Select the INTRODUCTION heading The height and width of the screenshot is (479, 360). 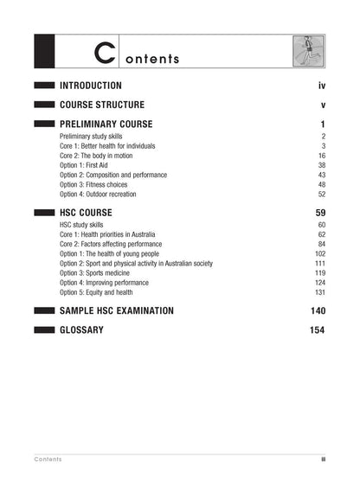pos(90,86)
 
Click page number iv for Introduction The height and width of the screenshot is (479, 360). pos(321,86)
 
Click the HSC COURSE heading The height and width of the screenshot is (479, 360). pos(86,213)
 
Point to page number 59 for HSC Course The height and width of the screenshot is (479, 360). pos(319,213)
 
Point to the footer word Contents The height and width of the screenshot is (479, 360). pos(48,459)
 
